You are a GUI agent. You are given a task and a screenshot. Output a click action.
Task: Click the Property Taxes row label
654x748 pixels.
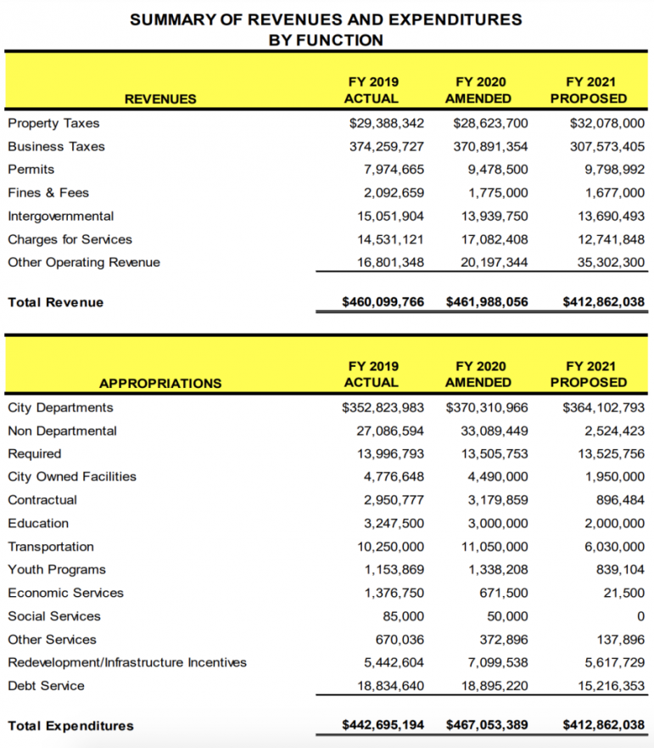coord(53,123)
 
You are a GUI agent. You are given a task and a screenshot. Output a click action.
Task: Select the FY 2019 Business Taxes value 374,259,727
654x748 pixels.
coord(386,146)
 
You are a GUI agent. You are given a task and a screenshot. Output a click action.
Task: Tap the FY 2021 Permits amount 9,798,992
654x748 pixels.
coord(609,170)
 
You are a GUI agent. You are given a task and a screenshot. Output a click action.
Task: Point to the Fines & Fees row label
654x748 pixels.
coord(48,193)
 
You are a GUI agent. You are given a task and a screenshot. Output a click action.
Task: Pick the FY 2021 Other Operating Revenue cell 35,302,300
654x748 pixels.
coord(606,262)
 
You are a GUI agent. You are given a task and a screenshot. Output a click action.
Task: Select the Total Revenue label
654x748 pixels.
coord(55,302)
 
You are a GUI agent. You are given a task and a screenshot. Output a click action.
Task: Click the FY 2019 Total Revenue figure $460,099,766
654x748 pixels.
coord(383,301)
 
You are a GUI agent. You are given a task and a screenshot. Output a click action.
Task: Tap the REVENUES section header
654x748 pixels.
coord(160,99)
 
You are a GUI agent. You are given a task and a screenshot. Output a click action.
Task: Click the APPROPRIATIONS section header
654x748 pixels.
coord(160,383)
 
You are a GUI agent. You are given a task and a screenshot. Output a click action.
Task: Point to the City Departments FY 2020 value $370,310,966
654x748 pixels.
coord(487,408)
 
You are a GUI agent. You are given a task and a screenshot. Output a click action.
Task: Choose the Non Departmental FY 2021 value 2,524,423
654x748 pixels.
coord(614,430)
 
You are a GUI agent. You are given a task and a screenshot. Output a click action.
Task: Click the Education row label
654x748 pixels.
coord(38,523)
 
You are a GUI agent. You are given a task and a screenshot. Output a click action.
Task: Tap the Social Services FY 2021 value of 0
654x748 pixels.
coord(640,616)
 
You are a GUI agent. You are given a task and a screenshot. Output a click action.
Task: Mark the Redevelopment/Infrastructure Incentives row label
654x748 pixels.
coord(127,662)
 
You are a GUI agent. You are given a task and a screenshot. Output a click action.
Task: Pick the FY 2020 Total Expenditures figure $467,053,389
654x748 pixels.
coord(487,725)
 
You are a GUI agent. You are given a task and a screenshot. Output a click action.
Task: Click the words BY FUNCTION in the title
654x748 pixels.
coord(326,40)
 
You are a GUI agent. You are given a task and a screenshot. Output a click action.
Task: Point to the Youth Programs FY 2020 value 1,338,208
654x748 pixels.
coord(498,570)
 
